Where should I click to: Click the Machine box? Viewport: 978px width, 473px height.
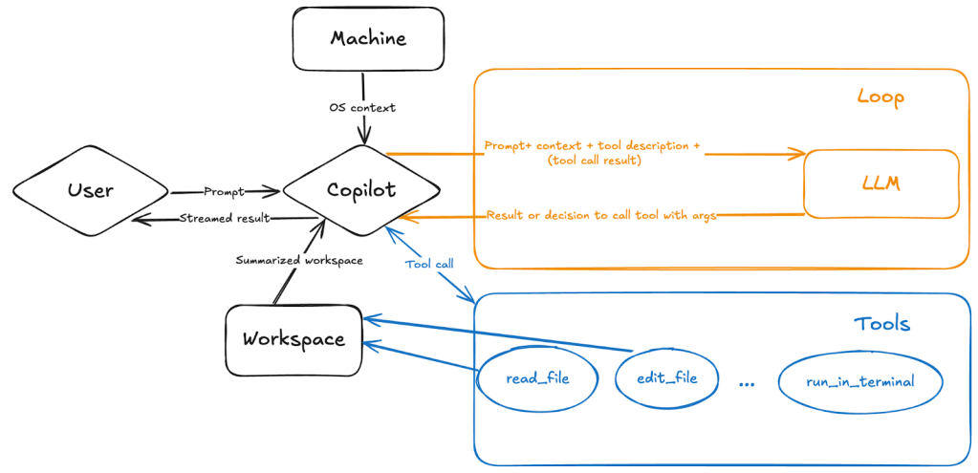click(368, 39)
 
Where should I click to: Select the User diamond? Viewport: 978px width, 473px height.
click(91, 190)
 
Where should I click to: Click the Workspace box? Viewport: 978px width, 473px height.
click(293, 339)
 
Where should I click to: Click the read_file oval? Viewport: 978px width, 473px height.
click(537, 378)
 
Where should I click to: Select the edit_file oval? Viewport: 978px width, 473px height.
click(667, 377)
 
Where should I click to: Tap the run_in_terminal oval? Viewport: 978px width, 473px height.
click(860, 381)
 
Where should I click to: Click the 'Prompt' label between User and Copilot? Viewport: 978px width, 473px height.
click(224, 191)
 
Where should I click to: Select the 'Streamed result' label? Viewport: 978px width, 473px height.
click(225, 218)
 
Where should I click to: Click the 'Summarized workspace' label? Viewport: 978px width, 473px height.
click(299, 260)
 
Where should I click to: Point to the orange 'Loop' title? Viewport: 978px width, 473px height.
click(880, 97)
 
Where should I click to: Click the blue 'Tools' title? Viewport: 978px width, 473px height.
click(881, 324)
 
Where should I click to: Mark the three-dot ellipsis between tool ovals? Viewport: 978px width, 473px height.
click(747, 382)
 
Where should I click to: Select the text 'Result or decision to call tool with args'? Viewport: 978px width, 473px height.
click(601, 215)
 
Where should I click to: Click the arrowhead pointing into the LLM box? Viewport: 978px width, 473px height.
click(799, 154)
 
